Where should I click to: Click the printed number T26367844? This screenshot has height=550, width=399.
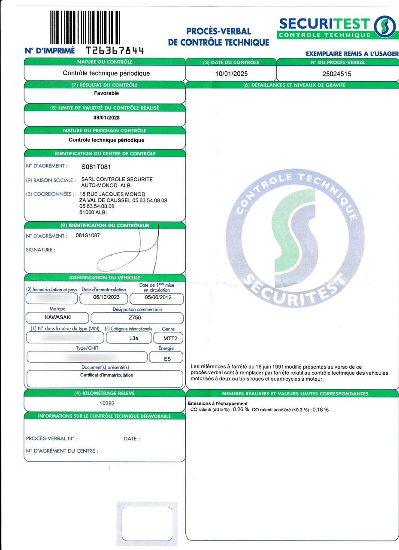click(115, 51)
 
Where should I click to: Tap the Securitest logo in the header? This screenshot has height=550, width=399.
click(337, 27)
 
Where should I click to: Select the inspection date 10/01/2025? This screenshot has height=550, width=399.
click(231, 73)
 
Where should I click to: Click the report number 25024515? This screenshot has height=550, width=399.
click(336, 73)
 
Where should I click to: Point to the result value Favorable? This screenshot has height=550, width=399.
click(106, 93)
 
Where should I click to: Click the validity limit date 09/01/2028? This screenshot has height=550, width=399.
click(106, 118)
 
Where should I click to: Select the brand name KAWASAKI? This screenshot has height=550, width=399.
click(58, 318)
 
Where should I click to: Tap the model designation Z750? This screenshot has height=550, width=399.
click(137, 318)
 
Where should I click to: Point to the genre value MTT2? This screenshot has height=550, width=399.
click(168, 338)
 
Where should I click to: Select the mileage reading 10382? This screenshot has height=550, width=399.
click(107, 403)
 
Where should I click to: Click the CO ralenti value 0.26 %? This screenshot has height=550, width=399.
click(241, 409)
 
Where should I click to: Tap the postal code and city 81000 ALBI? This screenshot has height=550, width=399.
click(93, 212)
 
